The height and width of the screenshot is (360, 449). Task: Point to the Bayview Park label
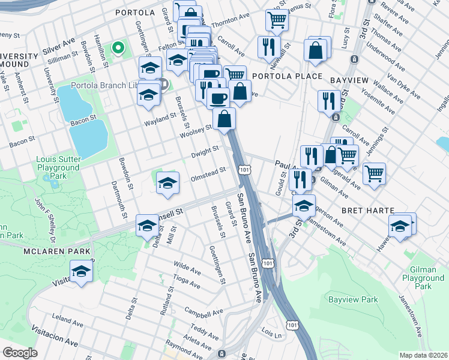354,299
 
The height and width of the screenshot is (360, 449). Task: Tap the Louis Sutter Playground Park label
58,168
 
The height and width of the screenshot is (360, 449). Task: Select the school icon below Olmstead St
168,184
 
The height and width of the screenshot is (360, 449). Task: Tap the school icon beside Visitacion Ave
82,271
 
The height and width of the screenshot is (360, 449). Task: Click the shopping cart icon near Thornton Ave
276,20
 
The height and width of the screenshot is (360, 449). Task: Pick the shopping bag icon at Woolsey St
224,119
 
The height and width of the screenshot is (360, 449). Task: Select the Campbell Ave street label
203,313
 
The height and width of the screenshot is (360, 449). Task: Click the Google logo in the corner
20,353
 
